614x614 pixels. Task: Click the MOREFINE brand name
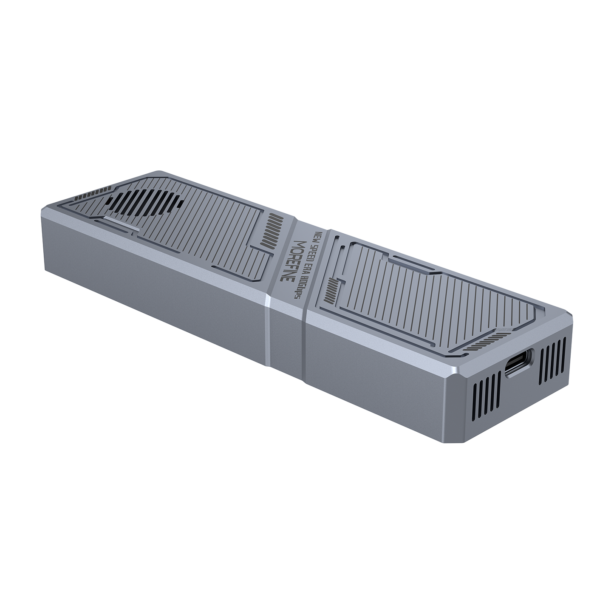(293, 261)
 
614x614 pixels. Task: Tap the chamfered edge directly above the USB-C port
(523, 340)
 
